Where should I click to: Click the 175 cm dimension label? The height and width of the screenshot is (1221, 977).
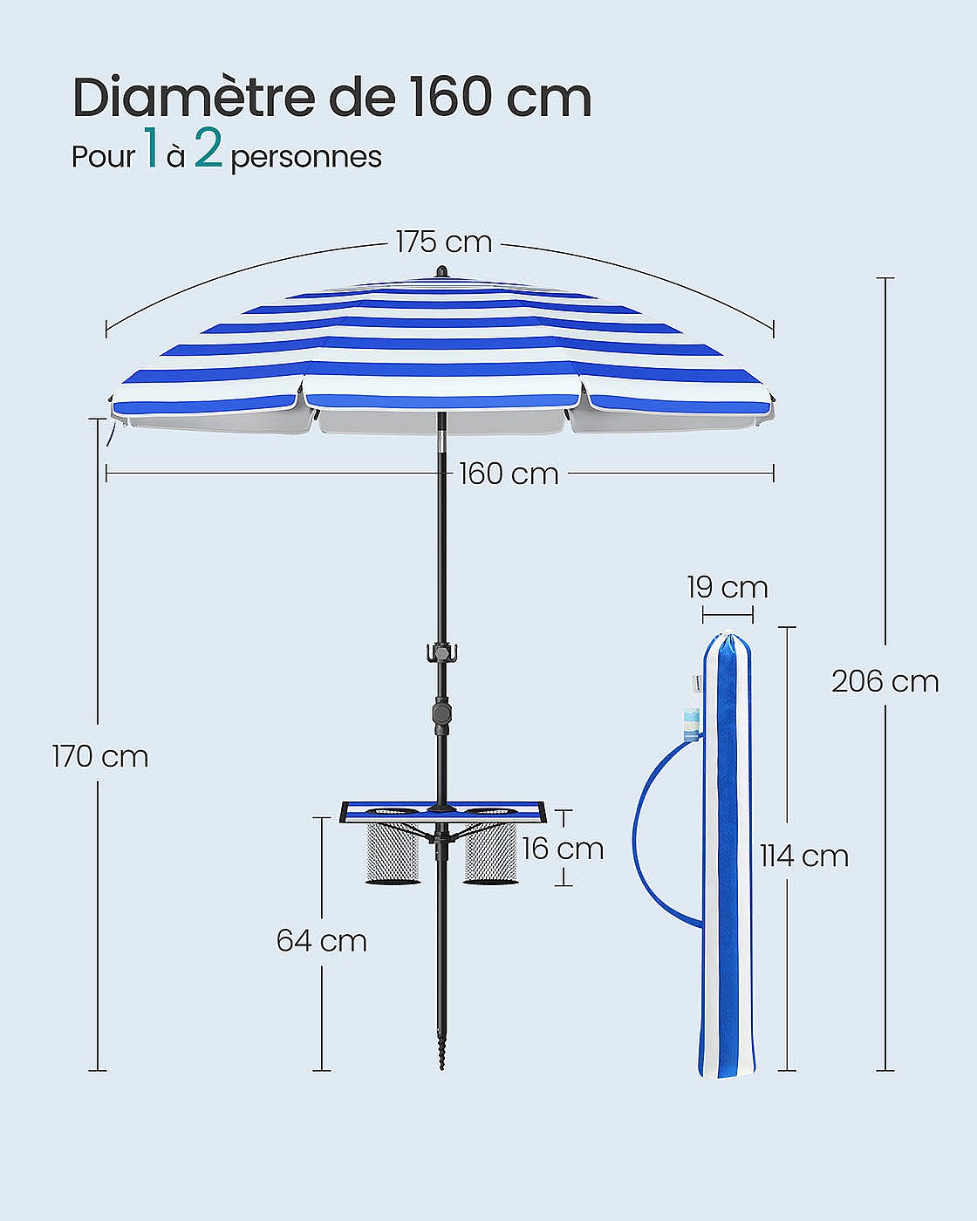pos(443,242)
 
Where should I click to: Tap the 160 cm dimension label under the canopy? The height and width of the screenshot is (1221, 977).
pos(509,474)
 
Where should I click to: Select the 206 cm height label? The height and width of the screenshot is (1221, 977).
pos(885,681)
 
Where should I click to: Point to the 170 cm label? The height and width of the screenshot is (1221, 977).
pos(100,756)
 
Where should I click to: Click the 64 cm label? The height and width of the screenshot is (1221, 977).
pos(321,941)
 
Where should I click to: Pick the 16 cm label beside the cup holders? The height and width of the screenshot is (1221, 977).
pos(563,849)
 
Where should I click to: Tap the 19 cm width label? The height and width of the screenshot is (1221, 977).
pos(727,588)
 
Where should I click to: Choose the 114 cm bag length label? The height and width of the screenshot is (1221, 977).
pos(803,856)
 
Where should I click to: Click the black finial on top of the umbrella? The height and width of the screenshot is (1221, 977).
pos(441,271)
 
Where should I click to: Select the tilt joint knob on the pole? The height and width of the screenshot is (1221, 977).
pos(441,713)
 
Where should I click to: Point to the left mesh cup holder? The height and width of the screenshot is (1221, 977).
pos(392,850)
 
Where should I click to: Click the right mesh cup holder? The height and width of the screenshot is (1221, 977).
pos(490,850)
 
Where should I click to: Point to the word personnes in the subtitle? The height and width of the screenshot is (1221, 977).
pos(306,158)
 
